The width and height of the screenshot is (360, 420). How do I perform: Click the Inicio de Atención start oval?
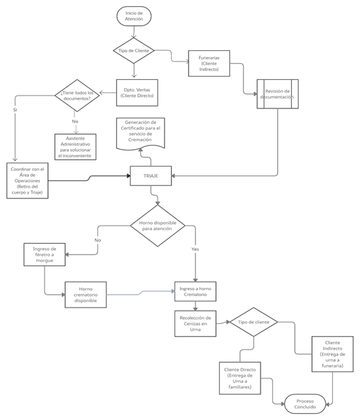pyautogui.click(x=133, y=16)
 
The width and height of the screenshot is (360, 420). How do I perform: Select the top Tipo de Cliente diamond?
pyautogui.click(x=133, y=51)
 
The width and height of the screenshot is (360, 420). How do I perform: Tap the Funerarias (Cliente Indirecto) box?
pyautogui.click(x=209, y=63)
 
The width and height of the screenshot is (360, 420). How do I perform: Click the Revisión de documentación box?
pyautogui.click(x=277, y=93)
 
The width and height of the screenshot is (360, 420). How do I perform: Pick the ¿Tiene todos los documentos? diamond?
pyautogui.click(x=76, y=96)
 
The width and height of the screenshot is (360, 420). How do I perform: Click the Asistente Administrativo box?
pyautogui.click(x=76, y=146)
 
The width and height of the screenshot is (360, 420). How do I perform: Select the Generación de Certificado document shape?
pyautogui.click(x=141, y=133)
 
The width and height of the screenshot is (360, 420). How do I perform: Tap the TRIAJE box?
pyautogui.click(x=150, y=175)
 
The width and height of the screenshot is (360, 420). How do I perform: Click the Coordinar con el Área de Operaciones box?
pyautogui.click(x=28, y=180)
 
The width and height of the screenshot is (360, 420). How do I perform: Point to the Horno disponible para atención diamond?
pyautogui.click(x=157, y=225)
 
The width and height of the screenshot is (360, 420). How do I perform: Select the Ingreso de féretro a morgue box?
pyautogui.click(x=44, y=255)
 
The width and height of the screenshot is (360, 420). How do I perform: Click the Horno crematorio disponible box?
pyautogui.click(x=86, y=295)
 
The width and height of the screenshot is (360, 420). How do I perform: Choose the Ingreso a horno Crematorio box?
pyautogui.click(x=195, y=291)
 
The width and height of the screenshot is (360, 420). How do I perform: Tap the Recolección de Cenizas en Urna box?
pyautogui.click(x=195, y=323)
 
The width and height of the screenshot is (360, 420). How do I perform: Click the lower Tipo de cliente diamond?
pyautogui.click(x=253, y=322)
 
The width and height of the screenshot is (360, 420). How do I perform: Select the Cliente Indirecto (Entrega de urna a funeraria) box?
pyautogui.click(x=332, y=354)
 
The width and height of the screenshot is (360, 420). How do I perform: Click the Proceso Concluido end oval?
pyautogui.click(x=305, y=404)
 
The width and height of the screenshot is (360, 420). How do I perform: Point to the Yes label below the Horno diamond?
pyautogui.click(x=195, y=249)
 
